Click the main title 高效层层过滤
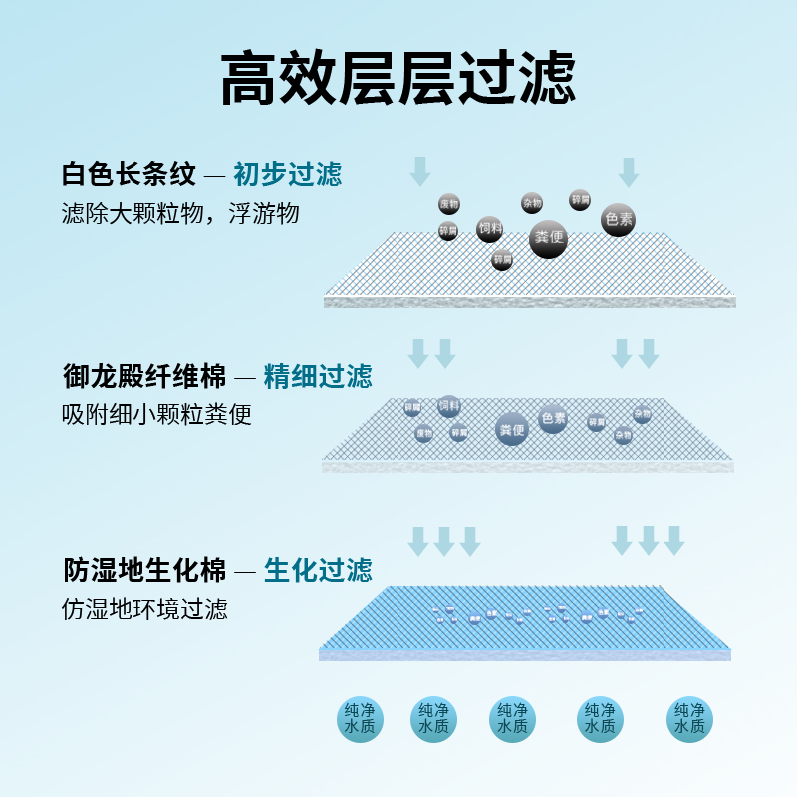point(398,79)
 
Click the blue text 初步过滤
point(288,175)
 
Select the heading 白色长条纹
point(129,175)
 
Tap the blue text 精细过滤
point(318,376)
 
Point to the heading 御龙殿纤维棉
point(141,376)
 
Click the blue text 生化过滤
point(318,570)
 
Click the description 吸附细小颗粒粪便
point(156,414)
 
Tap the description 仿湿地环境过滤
point(144,608)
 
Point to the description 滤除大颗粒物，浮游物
point(180,214)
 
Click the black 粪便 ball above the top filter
point(548,239)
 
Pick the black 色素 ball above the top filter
point(618,220)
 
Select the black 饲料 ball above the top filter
point(489,229)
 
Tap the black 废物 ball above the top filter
point(449,204)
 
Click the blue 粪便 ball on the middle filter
point(511,429)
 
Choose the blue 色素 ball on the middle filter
point(553,419)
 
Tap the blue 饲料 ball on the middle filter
point(449,406)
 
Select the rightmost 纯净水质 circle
point(689,718)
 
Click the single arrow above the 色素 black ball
point(628,172)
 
